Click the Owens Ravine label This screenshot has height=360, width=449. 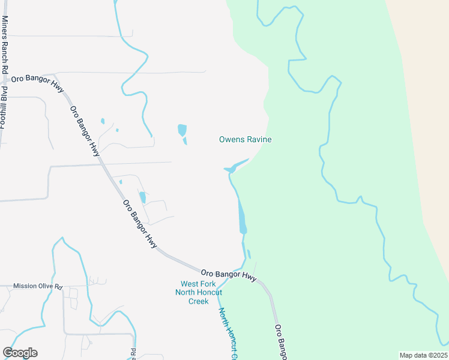point(245,140)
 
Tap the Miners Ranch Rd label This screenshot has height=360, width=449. point(5,38)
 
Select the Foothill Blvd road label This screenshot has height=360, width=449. point(3,107)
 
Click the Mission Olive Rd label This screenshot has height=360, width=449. point(37,286)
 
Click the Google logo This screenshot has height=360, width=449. point(20,353)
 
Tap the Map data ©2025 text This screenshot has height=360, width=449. point(423,355)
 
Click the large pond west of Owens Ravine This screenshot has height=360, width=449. point(182,130)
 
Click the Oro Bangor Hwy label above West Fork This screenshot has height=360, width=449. point(228,275)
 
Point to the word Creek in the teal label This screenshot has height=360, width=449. point(198,301)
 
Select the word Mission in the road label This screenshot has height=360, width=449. point(25,286)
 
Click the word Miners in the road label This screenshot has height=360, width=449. point(5,26)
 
